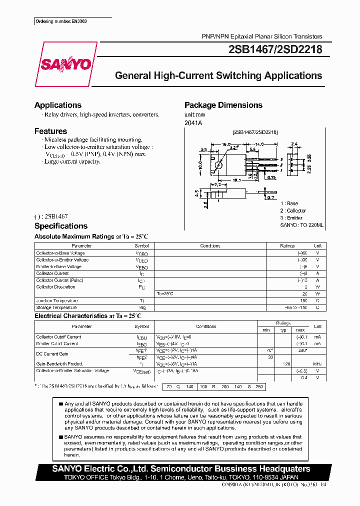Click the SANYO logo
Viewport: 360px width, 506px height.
pyautogui.click(x=66, y=64)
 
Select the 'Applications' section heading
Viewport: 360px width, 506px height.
pyautogui.click(x=57, y=105)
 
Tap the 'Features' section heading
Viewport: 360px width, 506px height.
pyautogui.click(x=50, y=131)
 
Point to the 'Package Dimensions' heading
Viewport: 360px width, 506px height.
pyautogui.click(x=223, y=105)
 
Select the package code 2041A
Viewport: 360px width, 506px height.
pyautogui.click(x=192, y=122)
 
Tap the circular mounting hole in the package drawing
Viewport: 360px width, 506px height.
pyautogui.click(x=218, y=165)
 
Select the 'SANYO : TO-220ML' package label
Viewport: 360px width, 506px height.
pyautogui.click(x=301, y=225)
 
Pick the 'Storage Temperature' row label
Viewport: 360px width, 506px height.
pyautogui.click(x=56, y=307)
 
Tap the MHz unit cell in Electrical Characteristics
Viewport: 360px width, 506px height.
pyautogui.click(x=317, y=364)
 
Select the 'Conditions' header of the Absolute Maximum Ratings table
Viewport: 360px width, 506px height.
pyautogui.click(x=210, y=246)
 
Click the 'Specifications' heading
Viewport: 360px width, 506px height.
pyautogui.click(x=60, y=226)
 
